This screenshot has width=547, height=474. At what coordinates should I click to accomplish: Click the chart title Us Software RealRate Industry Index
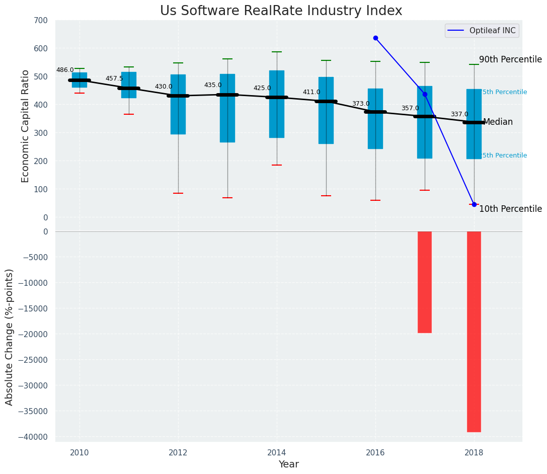point(281,11)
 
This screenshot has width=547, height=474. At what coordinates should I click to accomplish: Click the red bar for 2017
point(425,282)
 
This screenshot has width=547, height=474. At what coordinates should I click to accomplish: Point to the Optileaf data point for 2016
point(375,38)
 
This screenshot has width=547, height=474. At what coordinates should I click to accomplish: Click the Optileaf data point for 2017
point(425,94)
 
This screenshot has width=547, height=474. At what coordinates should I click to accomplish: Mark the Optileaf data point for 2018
point(474,204)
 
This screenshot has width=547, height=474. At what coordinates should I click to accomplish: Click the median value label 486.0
point(65,70)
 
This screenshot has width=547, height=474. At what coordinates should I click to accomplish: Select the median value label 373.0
point(360,104)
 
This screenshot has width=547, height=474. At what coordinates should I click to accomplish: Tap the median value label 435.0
point(213,86)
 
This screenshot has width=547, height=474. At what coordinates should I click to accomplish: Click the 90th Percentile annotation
point(510,60)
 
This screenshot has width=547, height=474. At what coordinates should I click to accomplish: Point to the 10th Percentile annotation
point(510,209)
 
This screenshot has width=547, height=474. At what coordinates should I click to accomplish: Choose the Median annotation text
point(498,122)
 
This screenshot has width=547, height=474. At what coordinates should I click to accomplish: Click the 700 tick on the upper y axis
point(41,21)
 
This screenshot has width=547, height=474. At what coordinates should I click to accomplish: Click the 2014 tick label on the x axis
point(277,452)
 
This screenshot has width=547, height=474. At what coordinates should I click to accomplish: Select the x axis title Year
point(289,464)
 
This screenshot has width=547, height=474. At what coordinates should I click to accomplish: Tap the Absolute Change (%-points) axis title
point(10,337)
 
